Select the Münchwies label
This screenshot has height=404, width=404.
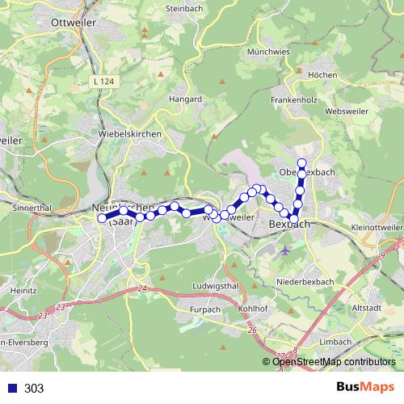pos(268,51)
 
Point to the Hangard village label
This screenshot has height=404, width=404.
pos(184,99)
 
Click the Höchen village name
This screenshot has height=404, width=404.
pos(322,74)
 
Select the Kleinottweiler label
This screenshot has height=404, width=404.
pos(376,229)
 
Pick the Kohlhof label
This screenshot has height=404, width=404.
pos(253,309)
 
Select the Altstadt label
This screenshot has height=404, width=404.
pos(368,308)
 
